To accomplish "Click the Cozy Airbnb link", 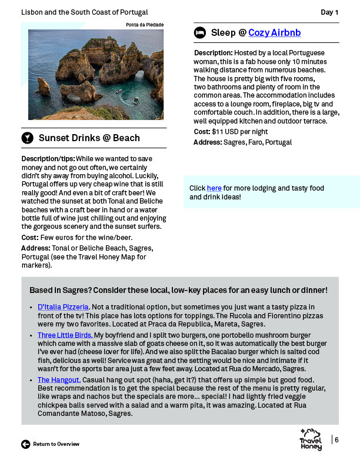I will pos(274,32).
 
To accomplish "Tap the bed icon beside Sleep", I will pos(200,33).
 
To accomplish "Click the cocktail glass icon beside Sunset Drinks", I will pos(27,138).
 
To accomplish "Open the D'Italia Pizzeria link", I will pos(63,307).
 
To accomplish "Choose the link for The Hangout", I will pos(59,380).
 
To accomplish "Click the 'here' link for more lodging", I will pos(214,188).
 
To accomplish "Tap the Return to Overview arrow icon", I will pos(25,444).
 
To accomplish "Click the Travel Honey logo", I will pos(311,440).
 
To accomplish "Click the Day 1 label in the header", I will pos(329,12).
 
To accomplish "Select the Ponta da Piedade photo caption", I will pos(145,25).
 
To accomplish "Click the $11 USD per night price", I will pos(239,132).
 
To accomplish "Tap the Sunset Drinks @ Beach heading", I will pos(89,138).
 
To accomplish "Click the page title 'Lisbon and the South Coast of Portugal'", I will pos(84,12).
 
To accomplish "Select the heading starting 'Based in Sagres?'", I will pos(178,291).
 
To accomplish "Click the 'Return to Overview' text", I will pos(56,444).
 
